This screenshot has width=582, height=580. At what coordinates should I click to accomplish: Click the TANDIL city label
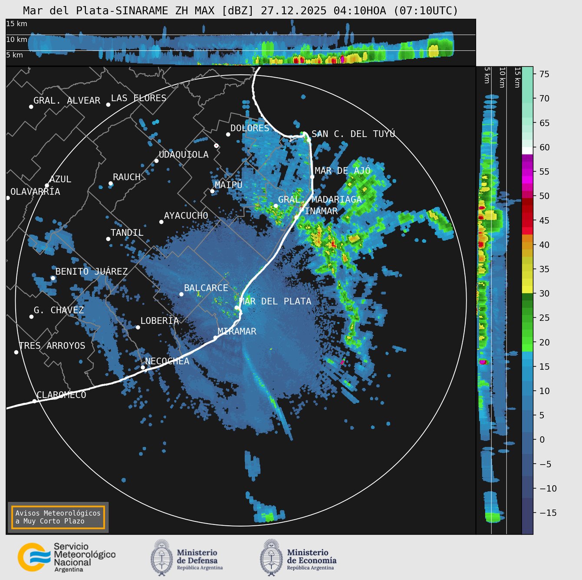127,233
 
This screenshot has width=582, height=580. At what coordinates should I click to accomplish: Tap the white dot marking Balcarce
181,294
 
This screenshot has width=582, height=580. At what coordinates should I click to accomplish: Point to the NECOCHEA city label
167,361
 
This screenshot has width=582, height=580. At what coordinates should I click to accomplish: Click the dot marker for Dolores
228,134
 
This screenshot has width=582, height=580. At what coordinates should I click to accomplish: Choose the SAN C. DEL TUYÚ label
353,134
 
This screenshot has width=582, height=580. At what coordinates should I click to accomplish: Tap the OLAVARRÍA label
35,191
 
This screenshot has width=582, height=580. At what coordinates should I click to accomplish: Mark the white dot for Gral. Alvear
31,106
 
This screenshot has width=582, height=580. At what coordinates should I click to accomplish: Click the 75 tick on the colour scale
544,74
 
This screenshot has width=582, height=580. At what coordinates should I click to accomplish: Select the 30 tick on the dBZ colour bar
544,293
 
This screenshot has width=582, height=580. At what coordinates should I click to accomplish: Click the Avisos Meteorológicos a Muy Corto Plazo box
58,517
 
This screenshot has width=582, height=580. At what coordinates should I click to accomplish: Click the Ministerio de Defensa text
197,557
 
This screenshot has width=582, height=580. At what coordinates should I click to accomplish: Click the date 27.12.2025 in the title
293,11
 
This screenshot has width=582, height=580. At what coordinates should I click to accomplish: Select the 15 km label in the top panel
16,24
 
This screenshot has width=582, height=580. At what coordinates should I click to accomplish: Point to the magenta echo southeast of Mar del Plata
342,362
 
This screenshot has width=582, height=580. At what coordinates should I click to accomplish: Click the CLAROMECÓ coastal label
61,395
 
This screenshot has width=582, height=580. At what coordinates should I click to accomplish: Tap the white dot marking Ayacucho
161,222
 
